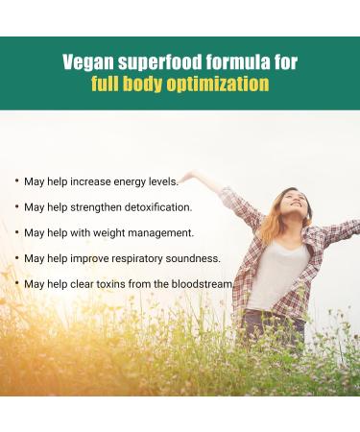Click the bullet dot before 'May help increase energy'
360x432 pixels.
pyautogui.click(x=16, y=181)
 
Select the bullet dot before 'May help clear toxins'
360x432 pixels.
pyautogui.click(x=16, y=285)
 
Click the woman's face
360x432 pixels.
pyautogui.click(x=295, y=204)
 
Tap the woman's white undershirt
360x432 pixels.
pyautogui.click(x=273, y=274)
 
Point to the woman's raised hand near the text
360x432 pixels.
pyautogui.click(x=189, y=176)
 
